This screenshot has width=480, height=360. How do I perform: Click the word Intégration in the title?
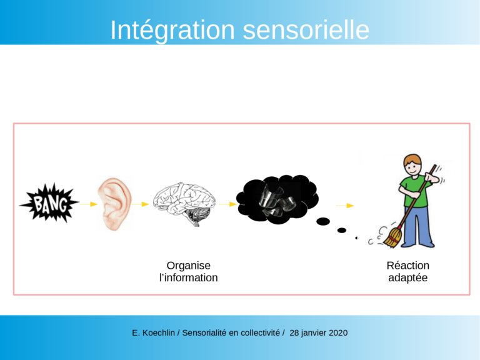point(172,30)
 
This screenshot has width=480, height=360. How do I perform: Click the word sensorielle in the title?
point(306,30)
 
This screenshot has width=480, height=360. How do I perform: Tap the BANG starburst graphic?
point(49,202)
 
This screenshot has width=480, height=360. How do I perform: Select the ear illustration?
point(114,204)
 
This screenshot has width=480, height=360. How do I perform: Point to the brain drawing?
point(184,204)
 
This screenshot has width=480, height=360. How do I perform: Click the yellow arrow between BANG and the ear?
point(89,204)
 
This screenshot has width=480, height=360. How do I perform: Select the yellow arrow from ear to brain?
point(141,204)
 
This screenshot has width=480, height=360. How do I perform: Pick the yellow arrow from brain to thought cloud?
point(228,204)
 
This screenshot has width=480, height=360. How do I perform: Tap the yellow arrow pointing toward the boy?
point(345,206)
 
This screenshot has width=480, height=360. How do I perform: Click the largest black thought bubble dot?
point(323,221)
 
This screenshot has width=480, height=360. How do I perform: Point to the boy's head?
point(412,165)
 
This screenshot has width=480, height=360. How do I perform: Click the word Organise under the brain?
point(189,266)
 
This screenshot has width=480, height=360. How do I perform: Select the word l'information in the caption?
point(189,277)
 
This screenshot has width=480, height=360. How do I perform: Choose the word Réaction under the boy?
point(407,266)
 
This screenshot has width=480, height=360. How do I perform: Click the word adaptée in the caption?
point(407,278)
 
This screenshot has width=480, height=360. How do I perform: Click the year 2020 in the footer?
point(338,332)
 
